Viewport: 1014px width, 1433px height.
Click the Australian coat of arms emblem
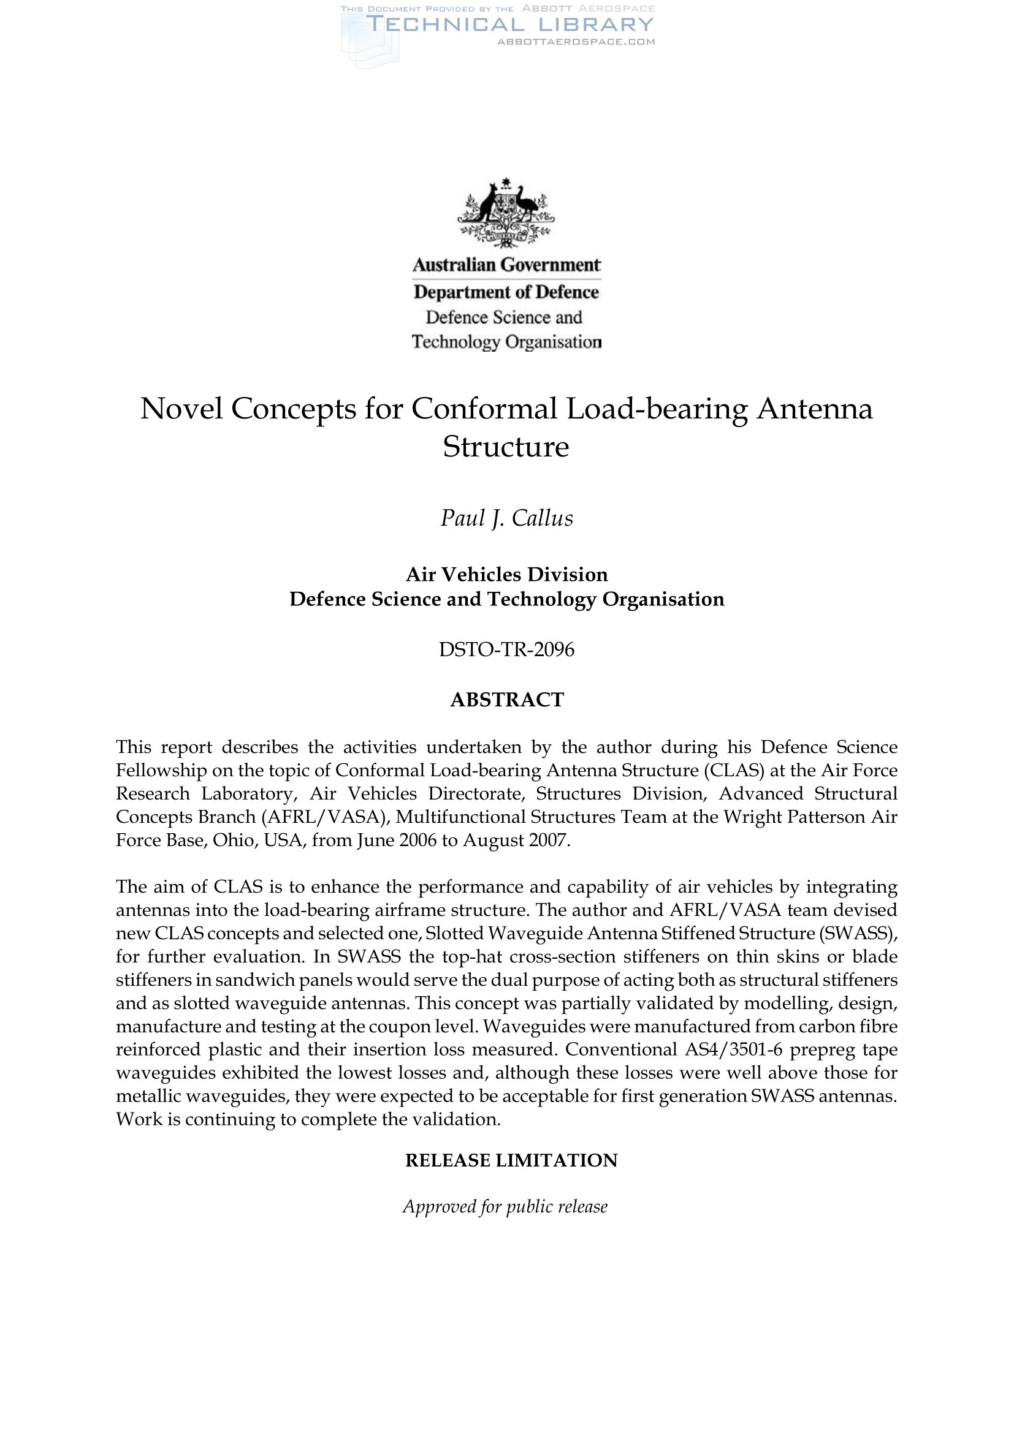[x=506, y=212]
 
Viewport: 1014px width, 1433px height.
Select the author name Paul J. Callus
[x=506, y=519]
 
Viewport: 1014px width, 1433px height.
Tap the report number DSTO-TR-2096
[x=506, y=649]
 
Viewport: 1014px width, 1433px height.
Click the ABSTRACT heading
[x=506, y=700]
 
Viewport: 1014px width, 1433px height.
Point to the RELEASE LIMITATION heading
[x=511, y=1160]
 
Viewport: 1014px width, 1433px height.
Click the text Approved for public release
[x=505, y=1206]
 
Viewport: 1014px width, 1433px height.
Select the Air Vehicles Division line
[x=506, y=574]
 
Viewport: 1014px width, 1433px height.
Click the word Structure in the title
[x=506, y=447]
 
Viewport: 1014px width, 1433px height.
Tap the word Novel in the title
[x=181, y=409]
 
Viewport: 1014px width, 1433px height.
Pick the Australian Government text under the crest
[x=506, y=265]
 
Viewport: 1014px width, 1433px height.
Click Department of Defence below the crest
[x=506, y=292]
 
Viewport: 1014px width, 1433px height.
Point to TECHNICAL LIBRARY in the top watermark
[x=509, y=25]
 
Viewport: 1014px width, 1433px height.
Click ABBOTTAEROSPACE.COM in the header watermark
[x=576, y=42]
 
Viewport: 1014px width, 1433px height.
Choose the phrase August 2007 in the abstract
[x=515, y=840]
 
